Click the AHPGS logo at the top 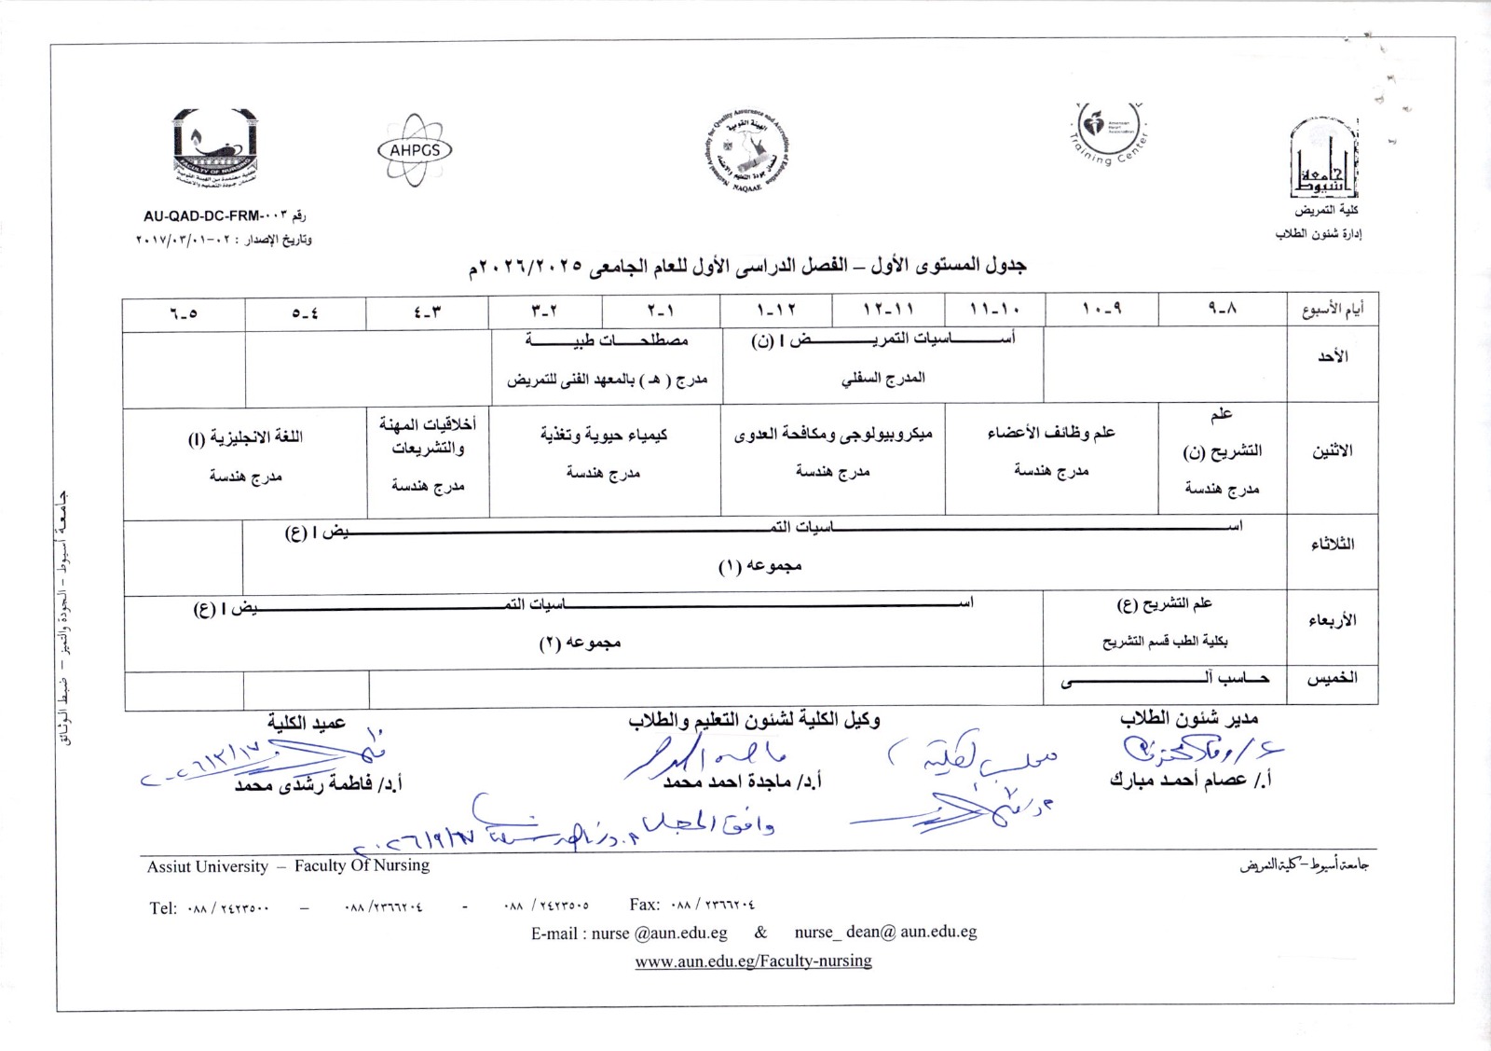pyautogui.click(x=415, y=150)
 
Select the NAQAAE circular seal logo pyautogui.click(x=745, y=150)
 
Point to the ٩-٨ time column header pyautogui.click(x=1222, y=309)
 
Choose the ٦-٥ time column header pyautogui.click(x=184, y=313)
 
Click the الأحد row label pyautogui.click(x=1333, y=356)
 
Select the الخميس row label pyautogui.click(x=1333, y=678)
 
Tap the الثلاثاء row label pyautogui.click(x=1333, y=544)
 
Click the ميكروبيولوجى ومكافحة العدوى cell pyautogui.click(x=833, y=434)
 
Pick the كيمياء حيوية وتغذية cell pyautogui.click(x=604, y=435)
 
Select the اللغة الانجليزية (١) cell pyautogui.click(x=245, y=437)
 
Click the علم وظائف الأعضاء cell pyautogui.click(x=1051, y=433)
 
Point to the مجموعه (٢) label pyautogui.click(x=580, y=643)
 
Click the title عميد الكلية pyautogui.click(x=307, y=723)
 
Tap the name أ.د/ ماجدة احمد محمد pyautogui.click(x=742, y=781)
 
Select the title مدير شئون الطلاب pyautogui.click(x=1189, y=719)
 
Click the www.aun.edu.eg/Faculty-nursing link pyautogui.click(x=753, y=961)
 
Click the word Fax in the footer pyautogui.click(x=644, y=904)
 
